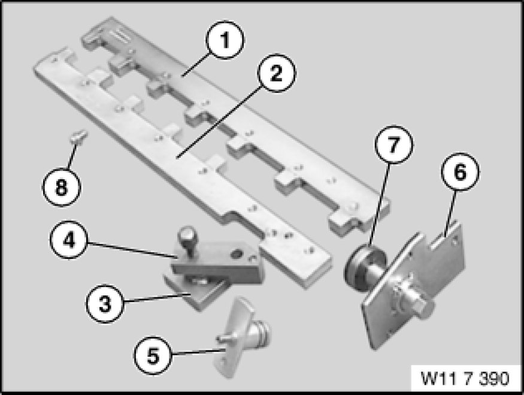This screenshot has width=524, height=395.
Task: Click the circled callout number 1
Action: [x=225, y=40]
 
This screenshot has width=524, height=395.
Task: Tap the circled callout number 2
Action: [x=276, y=73]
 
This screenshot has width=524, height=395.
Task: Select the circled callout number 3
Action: [x=105, y=304]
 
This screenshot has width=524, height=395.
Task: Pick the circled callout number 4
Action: [x=69, y=240]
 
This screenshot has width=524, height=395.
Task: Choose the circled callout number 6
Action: [x=460, y=172]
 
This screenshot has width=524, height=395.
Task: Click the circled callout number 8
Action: [x=61, y=186]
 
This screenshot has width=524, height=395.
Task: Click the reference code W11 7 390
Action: [x=465, y=378]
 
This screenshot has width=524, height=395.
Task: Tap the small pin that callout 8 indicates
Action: [x=79, y=137]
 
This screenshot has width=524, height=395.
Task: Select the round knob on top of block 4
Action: [x=187, y=235]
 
